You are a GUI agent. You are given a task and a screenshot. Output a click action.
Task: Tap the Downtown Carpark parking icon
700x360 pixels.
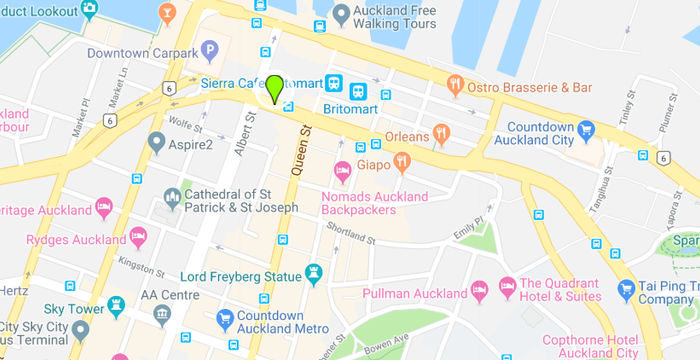tap(210, 49)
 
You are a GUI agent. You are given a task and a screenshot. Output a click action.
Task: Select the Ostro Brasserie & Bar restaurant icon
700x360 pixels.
tap(455, 85)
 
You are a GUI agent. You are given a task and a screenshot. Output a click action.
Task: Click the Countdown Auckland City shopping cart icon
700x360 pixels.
tap(587, 128)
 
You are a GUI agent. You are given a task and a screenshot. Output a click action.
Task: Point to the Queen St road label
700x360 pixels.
tap(297, 156)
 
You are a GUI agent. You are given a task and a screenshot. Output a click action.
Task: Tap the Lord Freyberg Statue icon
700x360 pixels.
tap(314, 273)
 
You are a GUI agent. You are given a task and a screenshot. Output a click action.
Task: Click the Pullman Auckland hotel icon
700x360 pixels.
tap(480, 291)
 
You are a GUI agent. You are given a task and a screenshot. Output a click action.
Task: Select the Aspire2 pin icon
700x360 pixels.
tap(155, 143)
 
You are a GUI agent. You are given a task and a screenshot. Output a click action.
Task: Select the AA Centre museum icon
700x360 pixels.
tap(160, 315)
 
